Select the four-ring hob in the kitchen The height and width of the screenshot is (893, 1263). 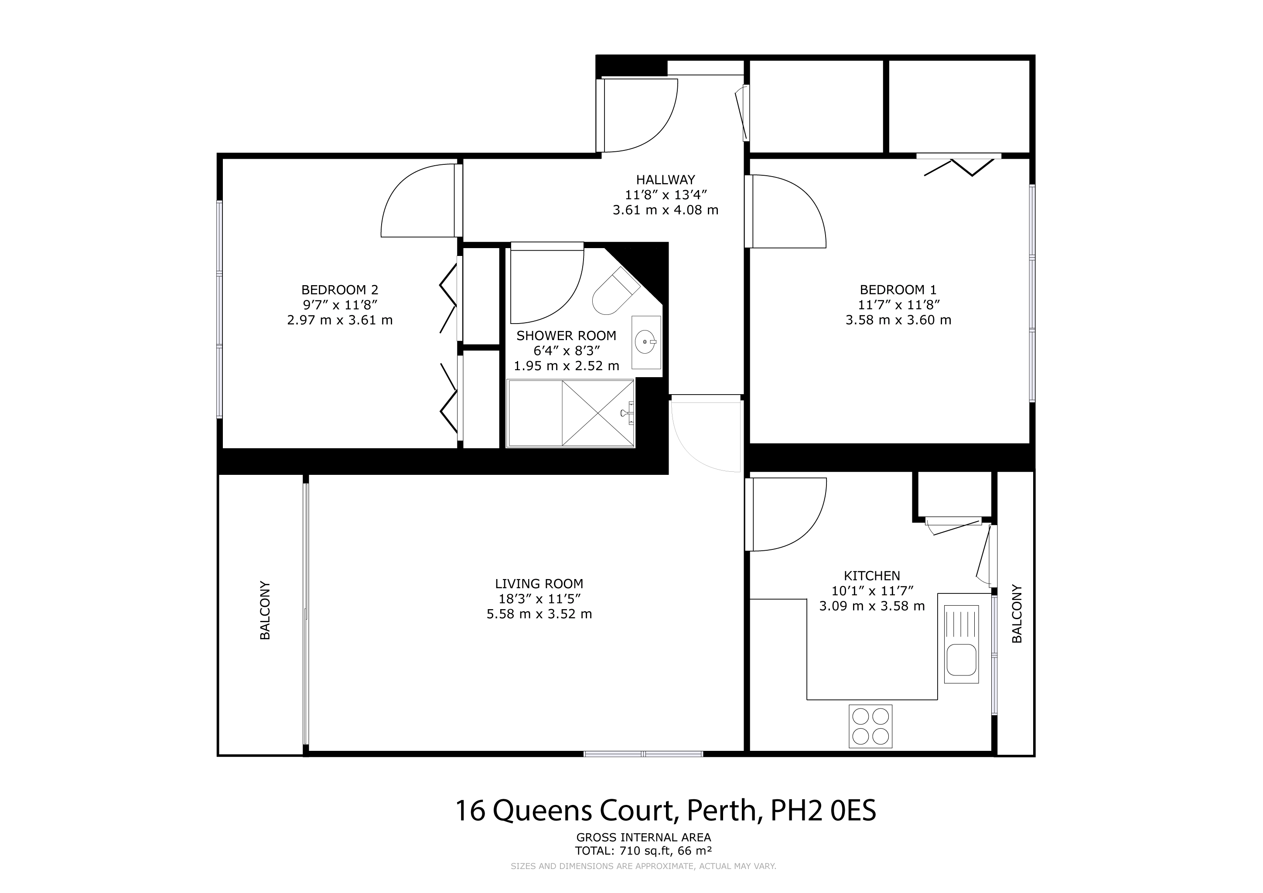870,726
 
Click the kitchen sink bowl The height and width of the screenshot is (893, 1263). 961,660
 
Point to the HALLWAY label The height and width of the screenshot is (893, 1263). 666,179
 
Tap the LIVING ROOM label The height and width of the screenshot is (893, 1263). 539,583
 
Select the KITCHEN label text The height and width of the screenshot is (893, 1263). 872,576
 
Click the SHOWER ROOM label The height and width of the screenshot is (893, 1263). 567,335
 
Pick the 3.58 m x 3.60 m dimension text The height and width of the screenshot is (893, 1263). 898,320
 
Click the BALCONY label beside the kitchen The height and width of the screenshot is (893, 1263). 1017,614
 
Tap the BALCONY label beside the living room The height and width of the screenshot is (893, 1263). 265,610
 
